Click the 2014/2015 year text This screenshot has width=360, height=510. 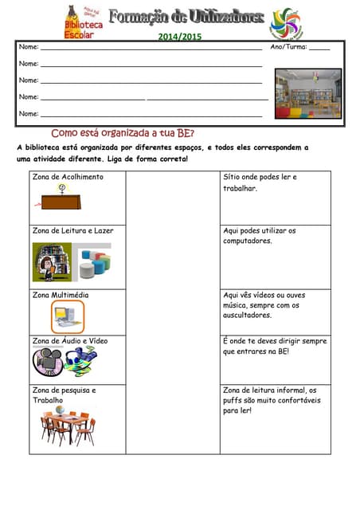(x=179, y=37)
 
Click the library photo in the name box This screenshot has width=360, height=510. (x=307, y=93)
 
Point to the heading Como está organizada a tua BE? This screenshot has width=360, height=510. (x=123, y=133)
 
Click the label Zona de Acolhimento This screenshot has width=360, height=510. (x=68, y=177)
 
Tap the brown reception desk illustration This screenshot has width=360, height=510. (x=68, y=198)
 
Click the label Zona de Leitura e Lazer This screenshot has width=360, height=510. (x=72, y=230)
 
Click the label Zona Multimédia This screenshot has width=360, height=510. (x=61, y=295)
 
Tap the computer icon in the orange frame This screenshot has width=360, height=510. (x=68, y=316)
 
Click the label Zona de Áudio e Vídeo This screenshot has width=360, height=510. (x=70, y=340)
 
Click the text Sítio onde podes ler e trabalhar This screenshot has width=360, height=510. (x=260, y=182)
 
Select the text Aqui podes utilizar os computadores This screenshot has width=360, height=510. (x=260, y=235)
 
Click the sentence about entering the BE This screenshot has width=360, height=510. (x=275, y=346)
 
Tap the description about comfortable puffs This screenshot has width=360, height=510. (x=272, y=400)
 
